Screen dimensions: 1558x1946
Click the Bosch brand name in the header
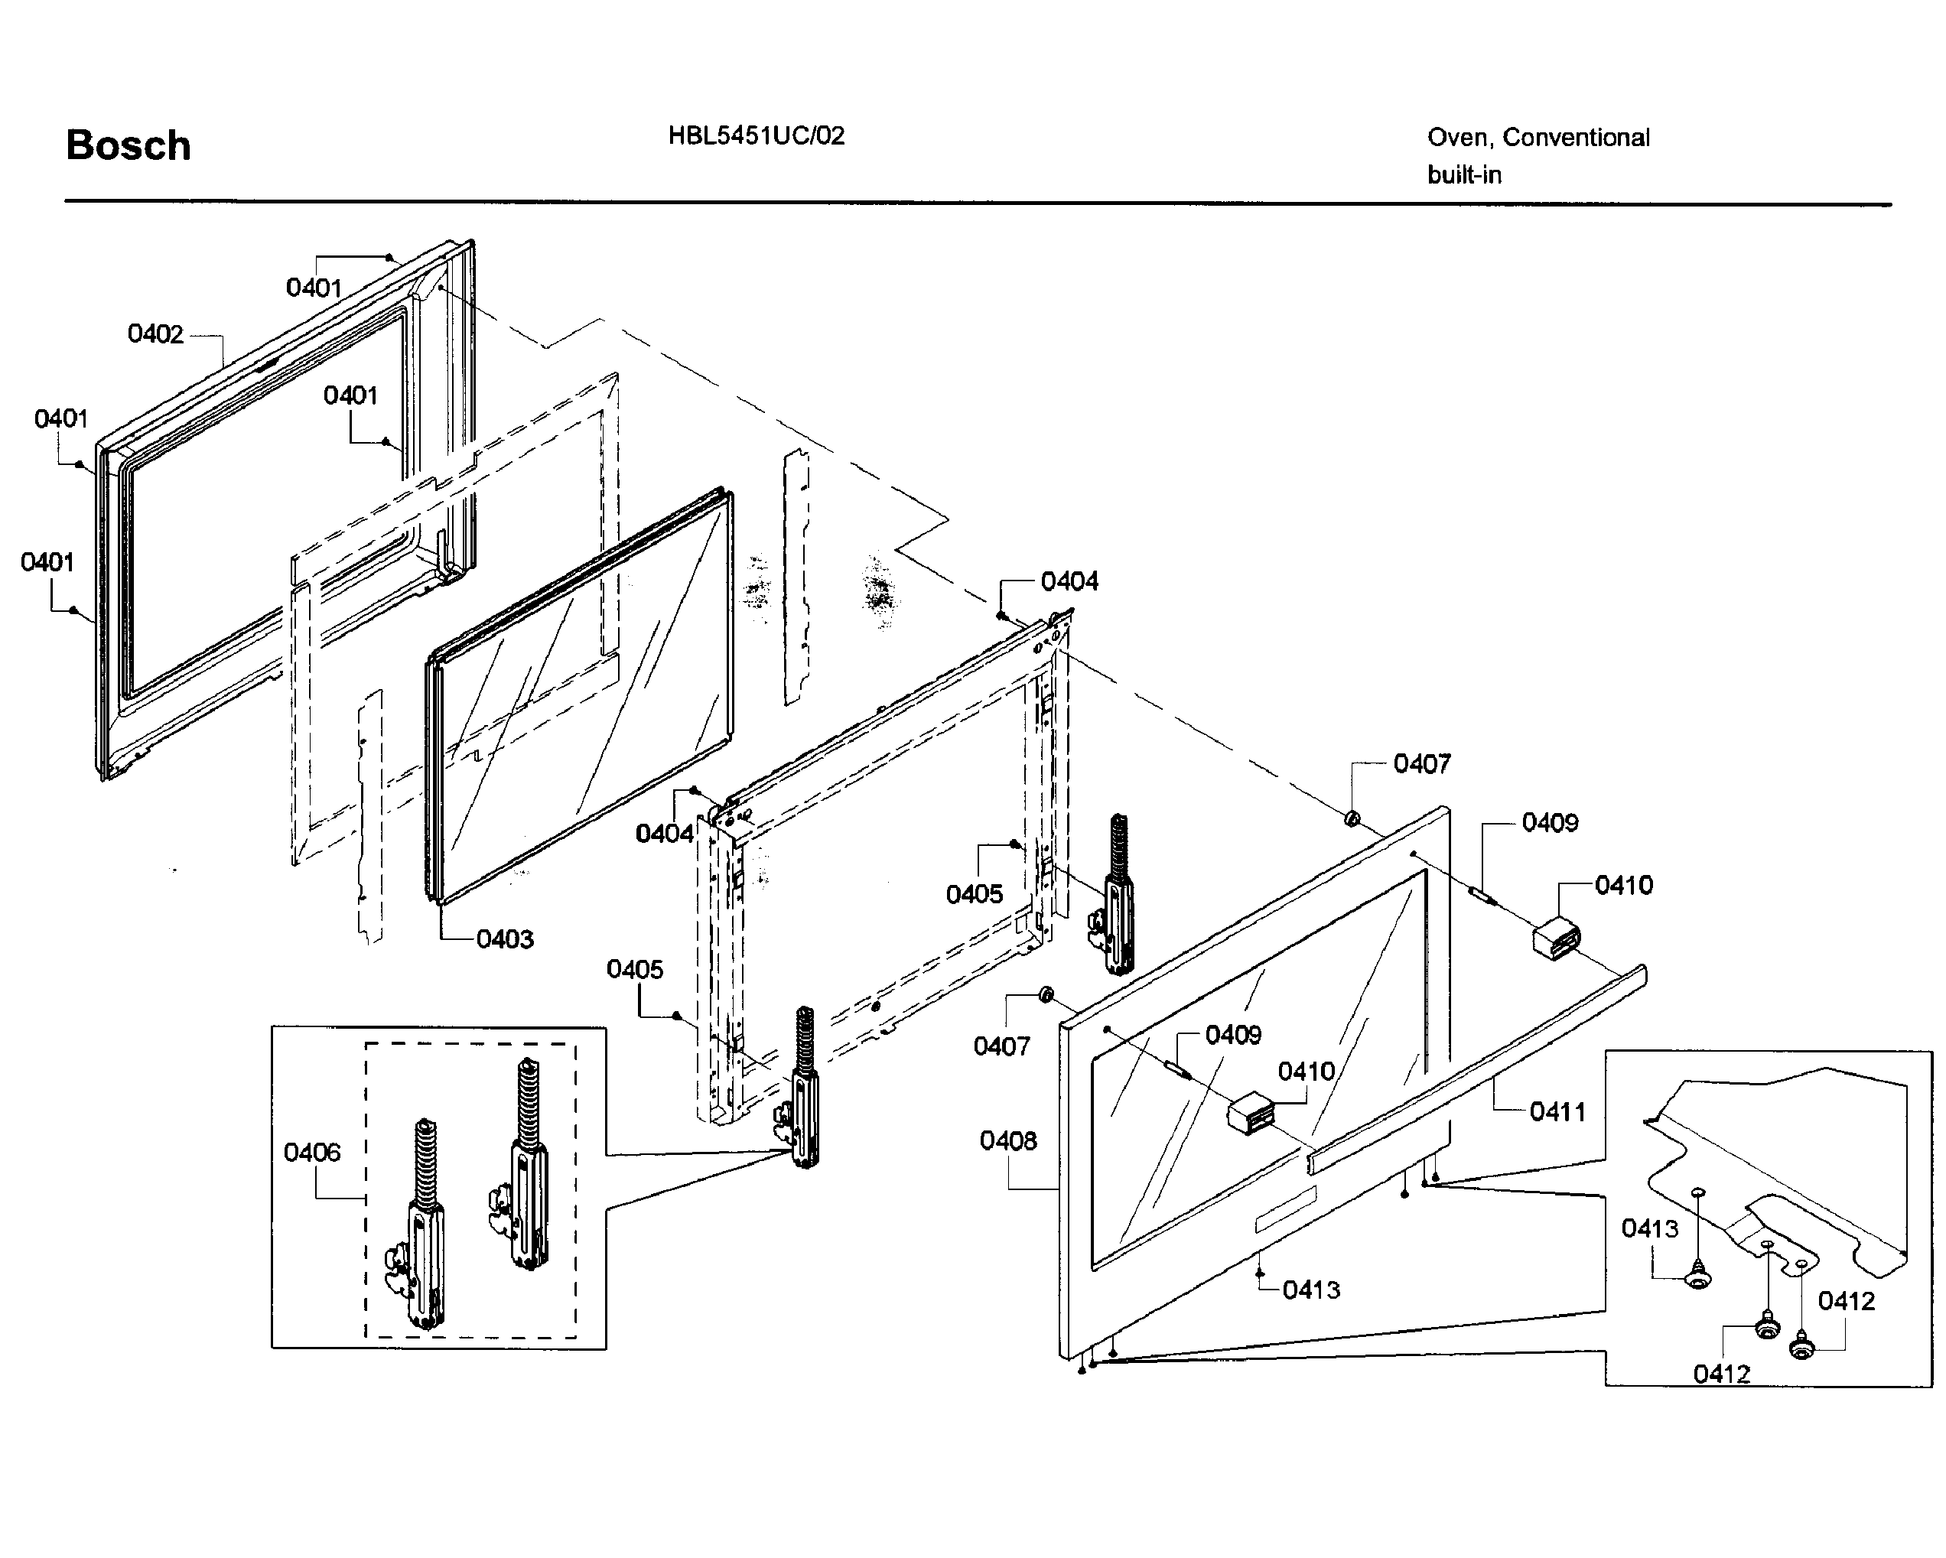click(x=129, y=145)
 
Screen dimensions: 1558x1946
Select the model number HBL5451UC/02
click(x=756, y=135)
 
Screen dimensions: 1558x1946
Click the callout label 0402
click(x=155, y=334)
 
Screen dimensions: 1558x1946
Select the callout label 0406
click(x=311, y=1152)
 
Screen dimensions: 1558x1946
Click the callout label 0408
click(x=1007, y=1140)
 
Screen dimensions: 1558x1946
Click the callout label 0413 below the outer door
click(x=1310, y=1289)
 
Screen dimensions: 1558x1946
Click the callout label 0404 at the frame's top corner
click(x=1069, y=581)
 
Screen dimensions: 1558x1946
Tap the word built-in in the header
click(x=1464, y=174)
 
